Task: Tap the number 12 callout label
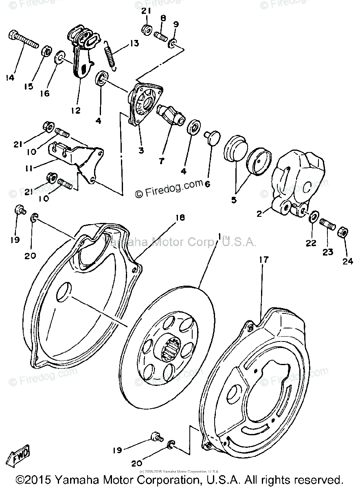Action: coord(75,110)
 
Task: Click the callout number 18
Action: coord(179,218)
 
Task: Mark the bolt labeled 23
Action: coord(327,224)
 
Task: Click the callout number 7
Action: coord(162,161)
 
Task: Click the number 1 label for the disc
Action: coord(220,237)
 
